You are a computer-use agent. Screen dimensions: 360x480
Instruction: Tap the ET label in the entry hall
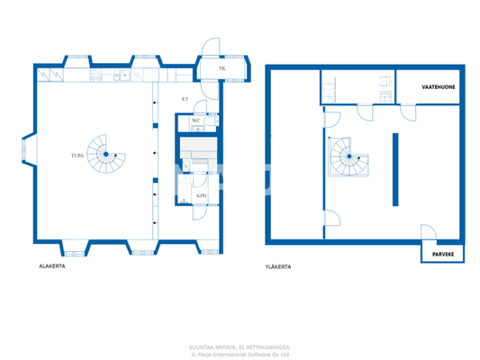(185, 99)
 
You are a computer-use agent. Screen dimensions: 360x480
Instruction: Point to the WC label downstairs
(195, 120)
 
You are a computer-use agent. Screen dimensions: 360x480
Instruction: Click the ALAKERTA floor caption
(51, 266)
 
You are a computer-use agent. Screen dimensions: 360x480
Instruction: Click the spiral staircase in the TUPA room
(106, 155)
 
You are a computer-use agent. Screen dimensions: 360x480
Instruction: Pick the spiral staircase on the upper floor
(348, 161)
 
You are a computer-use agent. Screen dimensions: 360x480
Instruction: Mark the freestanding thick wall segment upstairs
(394, 169)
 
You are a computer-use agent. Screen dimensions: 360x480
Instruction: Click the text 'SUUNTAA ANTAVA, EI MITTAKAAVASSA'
(240, 346)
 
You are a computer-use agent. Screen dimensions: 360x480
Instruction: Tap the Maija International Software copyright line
(240, 354)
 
